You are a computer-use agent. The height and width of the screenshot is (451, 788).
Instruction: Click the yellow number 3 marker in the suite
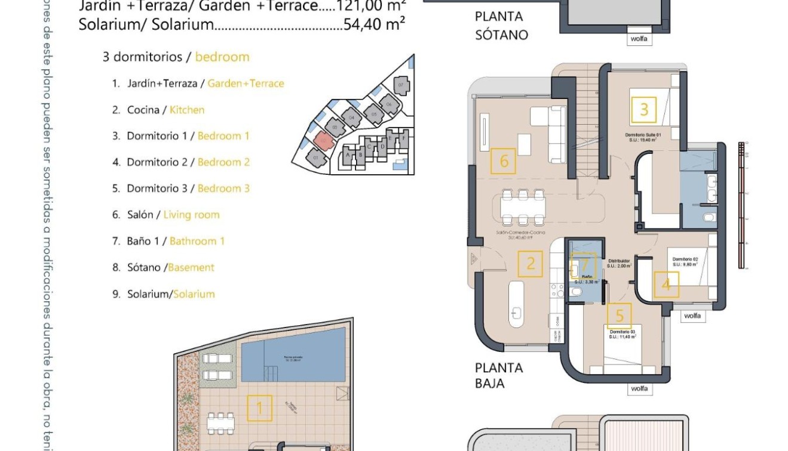pyautogui.click(x=644, y=110)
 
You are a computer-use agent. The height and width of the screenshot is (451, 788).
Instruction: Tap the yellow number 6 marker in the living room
pyautogui.click(x=504, y=160)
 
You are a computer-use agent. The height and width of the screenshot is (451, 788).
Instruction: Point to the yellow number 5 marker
pyautogui.click(x=619, y=315)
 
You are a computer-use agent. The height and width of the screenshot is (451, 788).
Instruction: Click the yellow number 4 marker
pyautogui.click(x=666, y=284)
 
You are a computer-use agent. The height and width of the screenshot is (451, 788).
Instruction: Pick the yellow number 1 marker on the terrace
pyautogui.click(x=259, y=409)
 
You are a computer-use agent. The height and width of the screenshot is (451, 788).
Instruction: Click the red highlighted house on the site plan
pyautogui.click(x=323, y=141)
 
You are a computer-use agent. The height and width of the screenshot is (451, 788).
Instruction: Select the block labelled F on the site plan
pyautogui.click(x=404, y=138)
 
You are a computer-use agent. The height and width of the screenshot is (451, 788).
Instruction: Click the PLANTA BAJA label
pyautogui.click(x=498, y=375)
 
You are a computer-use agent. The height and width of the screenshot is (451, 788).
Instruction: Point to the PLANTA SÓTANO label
pyautogui.click(x=501, y=26)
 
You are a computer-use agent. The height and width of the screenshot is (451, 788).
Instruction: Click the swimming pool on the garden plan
pyautogui.click(x=293, y=362)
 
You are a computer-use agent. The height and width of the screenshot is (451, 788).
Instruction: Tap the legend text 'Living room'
pyautogui.click(x=191, y=215)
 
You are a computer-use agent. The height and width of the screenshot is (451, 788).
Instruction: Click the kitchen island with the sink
pyautogui.click(x=516, y=304)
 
